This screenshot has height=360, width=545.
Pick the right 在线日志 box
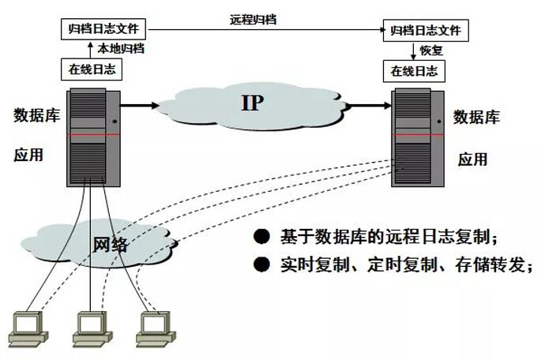click(x=413, y=70)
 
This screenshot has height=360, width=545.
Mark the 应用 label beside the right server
click(x=473, y=159)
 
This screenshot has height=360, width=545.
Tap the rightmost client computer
click(x=152, y=328)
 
